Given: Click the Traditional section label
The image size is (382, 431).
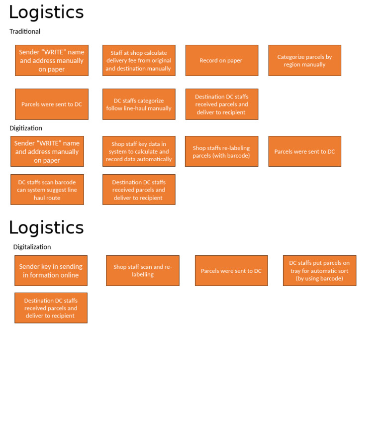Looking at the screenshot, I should pyautogui.click(x=25, y=31).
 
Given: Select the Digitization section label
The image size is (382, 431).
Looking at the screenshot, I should pyautogui.click(x=26, y=128).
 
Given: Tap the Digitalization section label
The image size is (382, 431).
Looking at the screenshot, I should pyautogui.click(x=32, y=247).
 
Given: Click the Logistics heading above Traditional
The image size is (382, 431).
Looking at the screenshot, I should pyautogui.click(x=46, y=12).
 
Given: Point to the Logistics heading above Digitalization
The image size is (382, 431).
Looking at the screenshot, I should pyautogui.click(x=46, y=227).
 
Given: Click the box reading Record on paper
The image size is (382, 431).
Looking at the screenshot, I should pyautogui.click(x=221, y=60).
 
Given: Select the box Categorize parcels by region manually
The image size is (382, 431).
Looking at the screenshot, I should pyautogui.click(x=304, y=60).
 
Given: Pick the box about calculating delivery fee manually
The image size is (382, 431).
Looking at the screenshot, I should pyautogui.click(x=139, y=60).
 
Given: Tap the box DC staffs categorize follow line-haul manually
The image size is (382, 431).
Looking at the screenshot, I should pyautogui.click(x=139, y=104).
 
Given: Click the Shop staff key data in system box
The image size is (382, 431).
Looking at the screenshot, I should pyautogui.click(x=139, y=151).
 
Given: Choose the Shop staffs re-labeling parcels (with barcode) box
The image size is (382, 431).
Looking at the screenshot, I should pyautogui.click(x=221, y=151).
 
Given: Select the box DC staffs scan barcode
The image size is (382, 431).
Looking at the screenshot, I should pyautogui.click(x=47, y=190).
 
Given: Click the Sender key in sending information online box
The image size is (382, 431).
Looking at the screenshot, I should pyautogui.click(x=51, y=271).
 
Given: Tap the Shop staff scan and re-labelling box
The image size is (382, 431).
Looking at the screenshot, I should pyautogui.click(x=142, y=271).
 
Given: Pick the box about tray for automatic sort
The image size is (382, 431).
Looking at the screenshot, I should pyautogui.click(x=319, y=271).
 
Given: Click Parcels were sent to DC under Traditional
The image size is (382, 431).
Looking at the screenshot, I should pyautogui.click(x=51, y=104).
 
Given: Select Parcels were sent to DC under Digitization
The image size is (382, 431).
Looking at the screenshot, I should pyautogui.click(x=304, y=151).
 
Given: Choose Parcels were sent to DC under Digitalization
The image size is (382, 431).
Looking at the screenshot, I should pyautogui.click(x=231, y=271).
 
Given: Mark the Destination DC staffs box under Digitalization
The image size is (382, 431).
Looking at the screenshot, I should pyautogui.click(x=51, y=308).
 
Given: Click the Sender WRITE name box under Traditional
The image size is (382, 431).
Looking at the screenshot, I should pyautogui.click(x=51, y=60).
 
